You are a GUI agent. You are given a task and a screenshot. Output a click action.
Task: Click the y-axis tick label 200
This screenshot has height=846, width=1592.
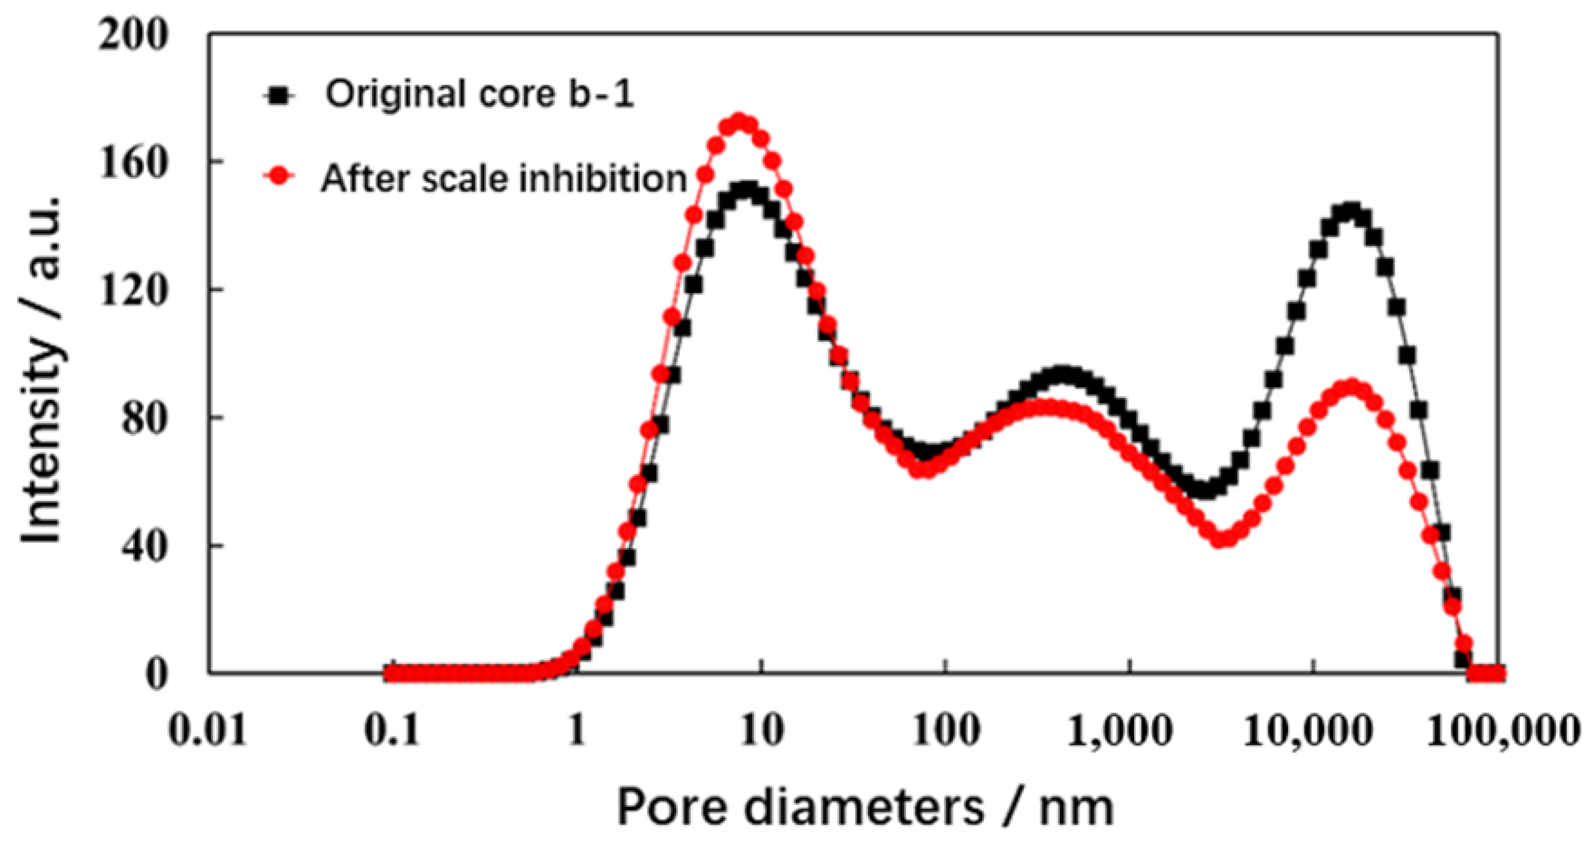click(133, 35)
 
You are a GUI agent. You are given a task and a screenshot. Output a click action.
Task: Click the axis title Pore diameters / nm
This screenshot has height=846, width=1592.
click(865, 806)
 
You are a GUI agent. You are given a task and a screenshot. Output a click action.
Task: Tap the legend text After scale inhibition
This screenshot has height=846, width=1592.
click(504, 178)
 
